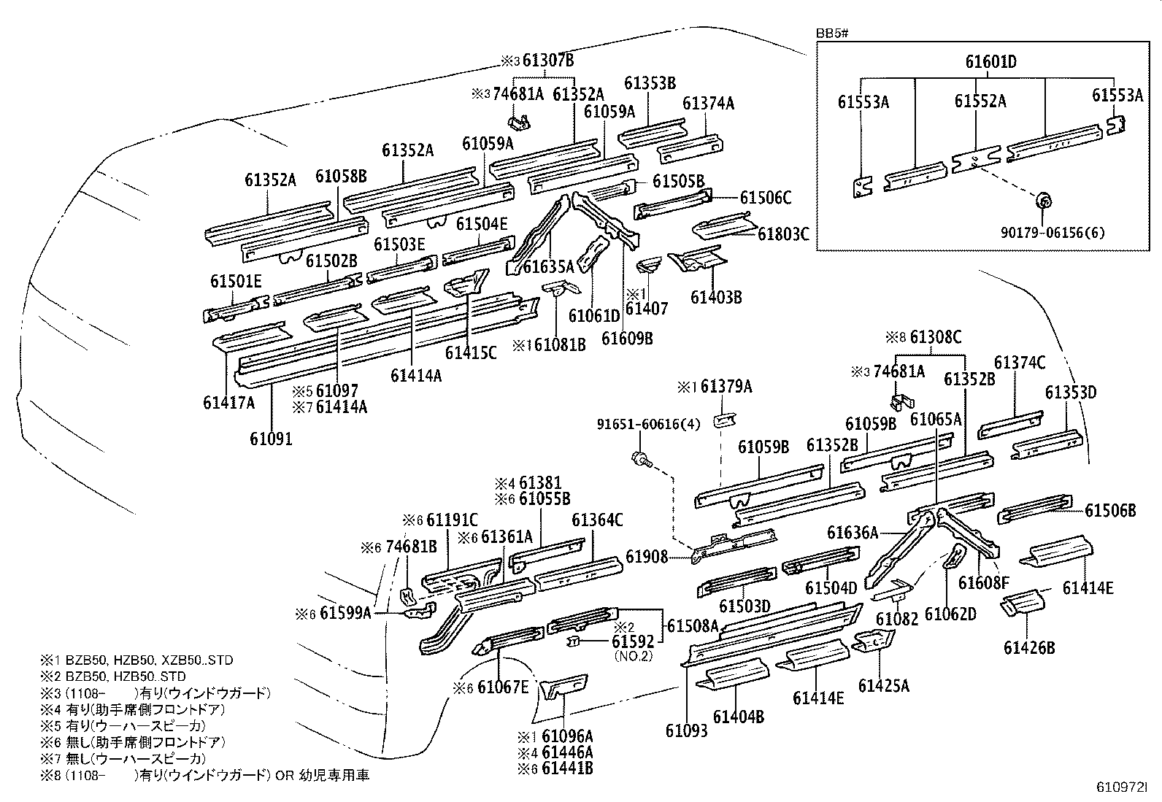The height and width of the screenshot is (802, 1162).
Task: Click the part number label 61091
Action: (x=271, y=439)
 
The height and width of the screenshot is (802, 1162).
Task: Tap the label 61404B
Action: (x=739, y=717)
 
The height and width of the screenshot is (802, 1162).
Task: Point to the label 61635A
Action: (x=548, y=268)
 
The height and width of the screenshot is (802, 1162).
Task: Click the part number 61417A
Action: (x=229, y=402)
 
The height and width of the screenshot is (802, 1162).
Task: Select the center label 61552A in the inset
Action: (x=980, y=101)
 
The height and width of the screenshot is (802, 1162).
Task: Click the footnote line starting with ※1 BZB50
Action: (x=136, y=660)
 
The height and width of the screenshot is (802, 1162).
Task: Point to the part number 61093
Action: (x=686, y=730)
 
